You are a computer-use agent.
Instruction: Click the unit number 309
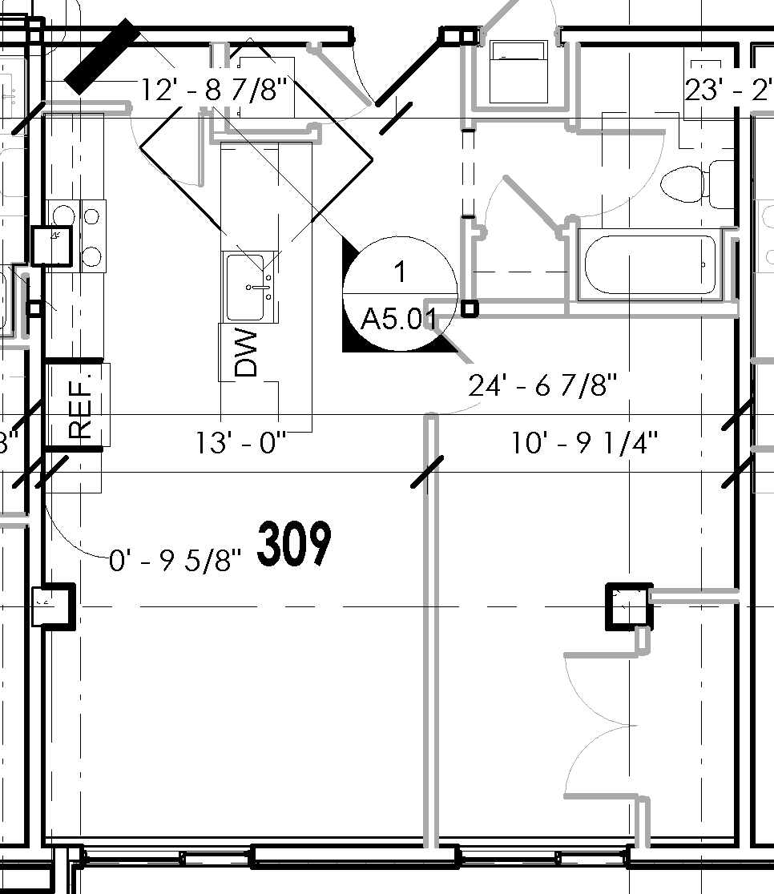pyautogui.click(x=294, y=545)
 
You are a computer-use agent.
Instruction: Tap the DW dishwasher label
pyautogui.click(x=247, y=353)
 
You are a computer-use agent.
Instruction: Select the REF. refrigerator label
pyautogui.click(x=81, y=405)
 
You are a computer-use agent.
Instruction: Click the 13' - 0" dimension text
pyautogui.click(x=241, y=442)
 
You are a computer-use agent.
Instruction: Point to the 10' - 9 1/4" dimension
pyautogui.click(x=585, y=442)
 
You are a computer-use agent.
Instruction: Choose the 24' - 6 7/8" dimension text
pyautogui.click(x=543, y=386)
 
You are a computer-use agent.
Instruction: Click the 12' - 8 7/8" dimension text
pyautogui.click(x=214, y=90)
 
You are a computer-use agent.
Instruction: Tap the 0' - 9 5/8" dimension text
pyautogui.click(x=175, y=562)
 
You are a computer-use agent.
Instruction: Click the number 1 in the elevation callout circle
pyautogui.click(x=400, y=272)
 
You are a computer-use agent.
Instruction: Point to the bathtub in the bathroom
pyautogui.click(x=650, y=265)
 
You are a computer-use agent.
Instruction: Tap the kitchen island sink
pyautogui.click(x=249, y=288)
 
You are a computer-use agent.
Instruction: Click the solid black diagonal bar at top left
pyautogui.click(x=102, y=56)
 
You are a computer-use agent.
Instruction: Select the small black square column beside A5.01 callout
pyautogui.click(x=470, y=308)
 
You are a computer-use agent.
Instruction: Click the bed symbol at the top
pyautogui.click(x=518, y=73)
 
